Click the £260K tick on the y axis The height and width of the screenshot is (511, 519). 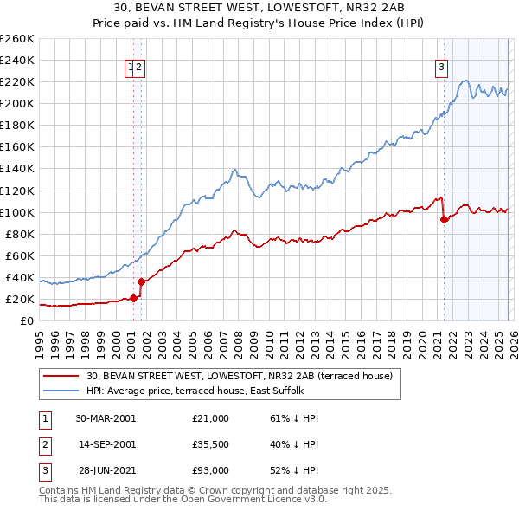pyautogui.click(x=17, y=39)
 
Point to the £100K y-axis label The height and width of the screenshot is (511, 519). pyautogui.click(x=17, y=212)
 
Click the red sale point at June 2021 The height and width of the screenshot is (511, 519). pyautogui.click(x=444, y=219)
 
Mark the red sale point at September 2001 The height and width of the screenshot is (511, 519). pyautogui.click(x=141, y=281)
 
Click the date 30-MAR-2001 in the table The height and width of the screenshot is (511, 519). pyautogui.click(x=106, y=418)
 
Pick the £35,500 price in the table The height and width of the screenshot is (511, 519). pyautogui.click(x=211, y=444)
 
